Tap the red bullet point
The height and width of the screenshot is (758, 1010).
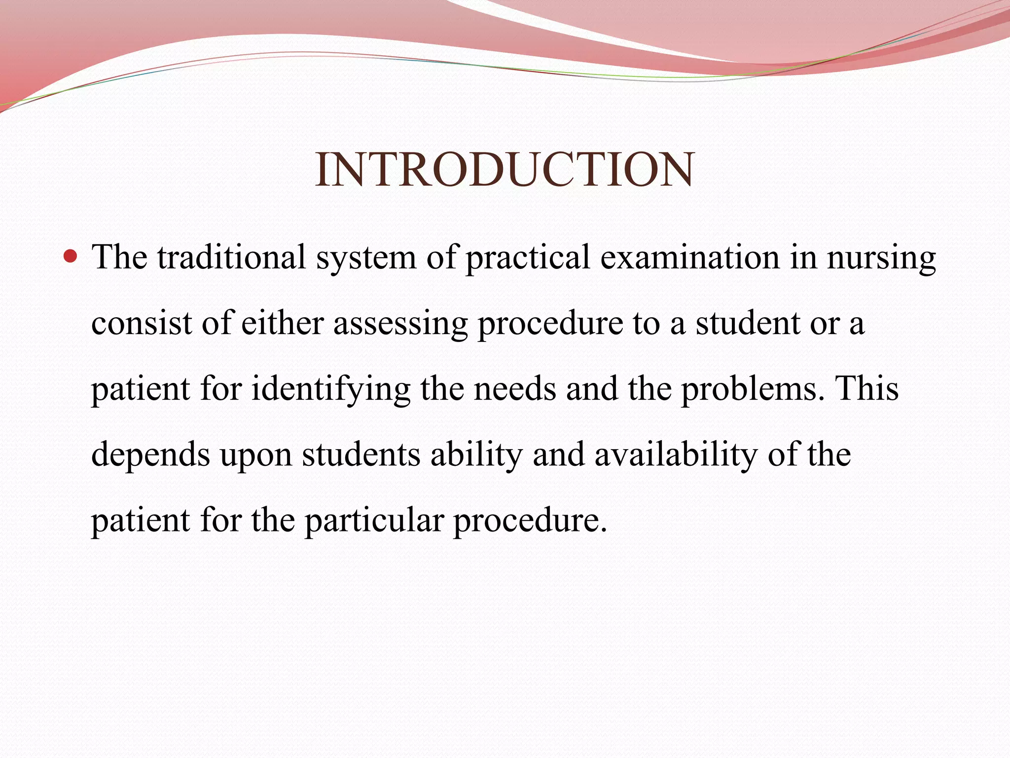(71, 256)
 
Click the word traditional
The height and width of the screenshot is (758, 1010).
(231, 257)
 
